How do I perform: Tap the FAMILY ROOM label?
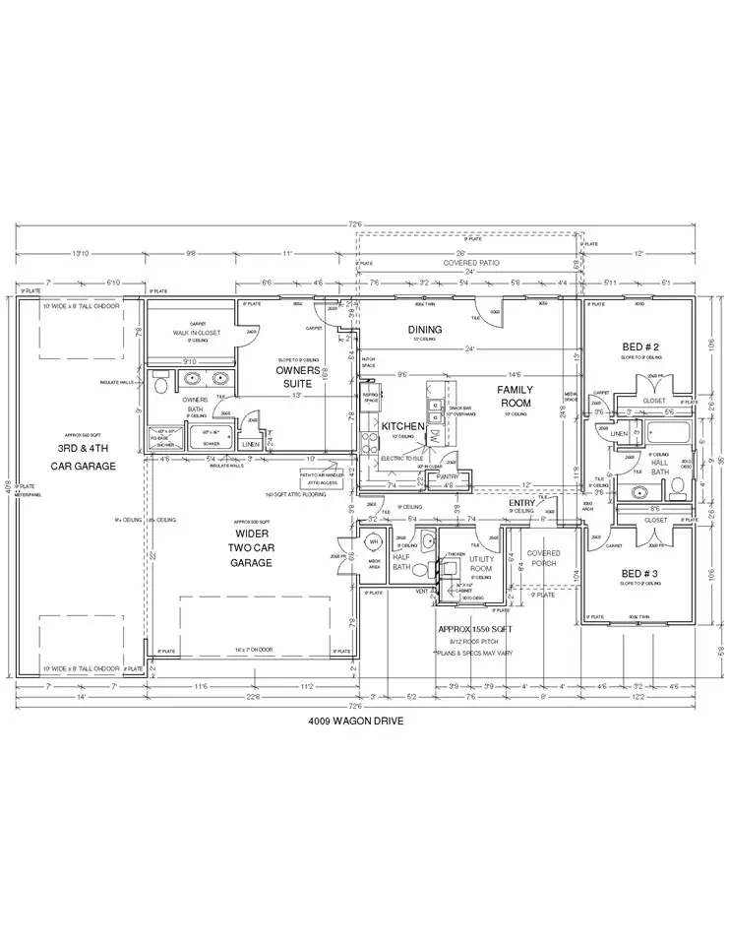[516, 397]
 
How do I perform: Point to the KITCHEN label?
[402, 426]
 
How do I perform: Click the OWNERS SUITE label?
[298, 376]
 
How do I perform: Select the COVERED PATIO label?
[472, 263]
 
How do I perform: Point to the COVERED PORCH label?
[543, 558]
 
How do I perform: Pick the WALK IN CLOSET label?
[195, 334]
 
